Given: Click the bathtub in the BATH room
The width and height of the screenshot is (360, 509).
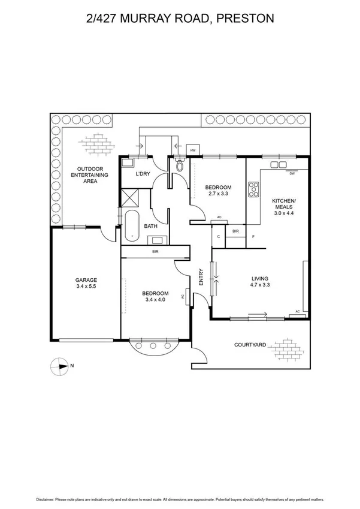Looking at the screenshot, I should [131, 226].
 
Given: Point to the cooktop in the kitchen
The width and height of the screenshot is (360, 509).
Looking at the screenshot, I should [253, 189].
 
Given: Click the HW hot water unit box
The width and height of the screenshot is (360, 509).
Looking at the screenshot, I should [193, 150].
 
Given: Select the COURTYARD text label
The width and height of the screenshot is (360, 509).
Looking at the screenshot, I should [250, 345].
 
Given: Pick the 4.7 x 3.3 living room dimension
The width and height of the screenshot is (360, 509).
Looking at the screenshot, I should [259, 285].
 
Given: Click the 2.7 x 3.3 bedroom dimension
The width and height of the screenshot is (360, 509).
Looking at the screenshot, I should [218, 194].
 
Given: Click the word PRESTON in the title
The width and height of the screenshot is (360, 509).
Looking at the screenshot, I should [244, 19].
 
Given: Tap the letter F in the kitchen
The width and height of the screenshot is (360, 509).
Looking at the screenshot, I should [253, 237].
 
